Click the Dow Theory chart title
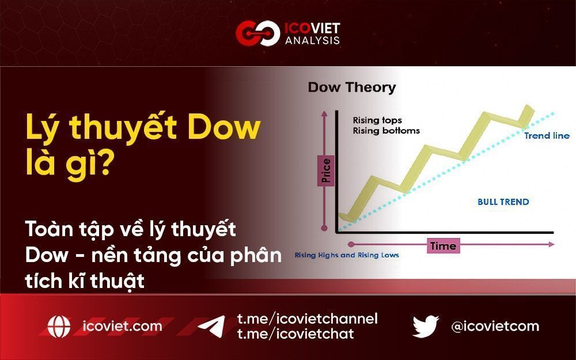(352, 88)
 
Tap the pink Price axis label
(327, 171)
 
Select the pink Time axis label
(443, 246)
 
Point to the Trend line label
(547, 136)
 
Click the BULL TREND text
(503, 202)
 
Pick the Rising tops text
(377, 120)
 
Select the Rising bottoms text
(386, 131)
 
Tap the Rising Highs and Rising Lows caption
(347, 255)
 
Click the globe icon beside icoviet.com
(59, 327)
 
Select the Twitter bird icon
(426, 327)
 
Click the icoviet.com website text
(123, 327)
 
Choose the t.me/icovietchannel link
(307, 319)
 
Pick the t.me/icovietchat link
(295, 334)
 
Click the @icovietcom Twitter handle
(495, 327)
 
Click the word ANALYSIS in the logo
(312, 40)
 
